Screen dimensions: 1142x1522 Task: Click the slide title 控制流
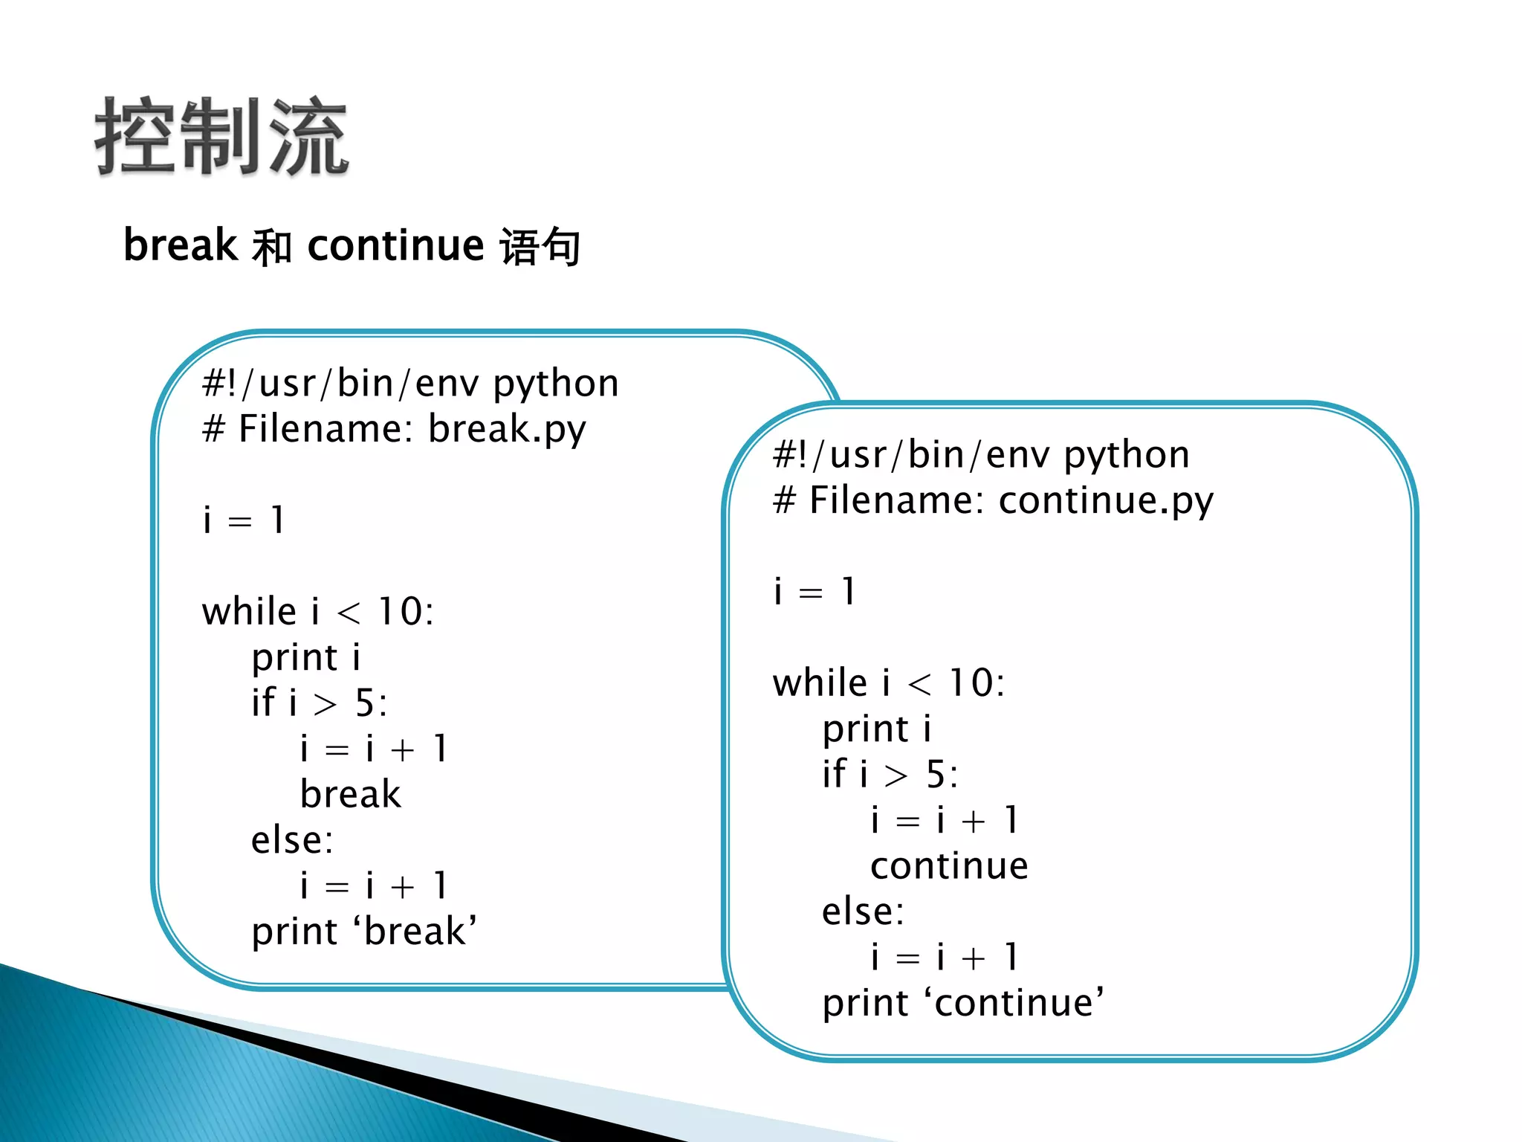[x=221, y=138]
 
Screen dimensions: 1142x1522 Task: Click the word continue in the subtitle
[x=395, y=245]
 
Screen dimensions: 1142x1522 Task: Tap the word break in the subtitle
[x=179, y=245]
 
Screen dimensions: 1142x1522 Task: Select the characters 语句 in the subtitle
[x=540, y=247]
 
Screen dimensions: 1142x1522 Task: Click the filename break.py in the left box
[x=507, y=430]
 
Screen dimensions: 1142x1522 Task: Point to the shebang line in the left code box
[x=410, y=384]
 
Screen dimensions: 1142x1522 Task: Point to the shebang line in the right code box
[x=981, y=456]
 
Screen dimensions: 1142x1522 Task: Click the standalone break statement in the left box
[x=350, y=794]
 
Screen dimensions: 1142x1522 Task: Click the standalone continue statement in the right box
[x=949, y=866]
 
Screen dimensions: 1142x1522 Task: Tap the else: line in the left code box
[x=292, y=841]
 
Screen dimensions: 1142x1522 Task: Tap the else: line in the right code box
[x=863, y=912]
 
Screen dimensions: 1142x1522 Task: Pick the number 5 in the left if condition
[x=365, y=703]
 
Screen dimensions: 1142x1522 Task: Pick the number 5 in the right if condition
[x=936, y=775]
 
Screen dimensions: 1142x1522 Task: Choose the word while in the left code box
[x=250, y=612]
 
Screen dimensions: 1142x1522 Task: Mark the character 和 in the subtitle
[x=271, y=247]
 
